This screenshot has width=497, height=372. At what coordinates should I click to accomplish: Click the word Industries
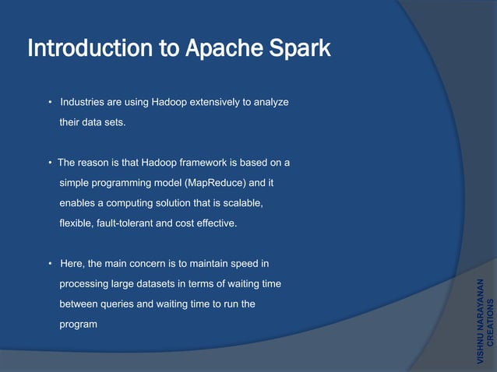pyautogui.click(x=83, y=103)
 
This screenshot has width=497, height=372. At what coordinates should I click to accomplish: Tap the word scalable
pyautogui.click(x=239, y=203)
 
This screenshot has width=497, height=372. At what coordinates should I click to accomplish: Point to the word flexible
pyautogui.click(x=76, y=223)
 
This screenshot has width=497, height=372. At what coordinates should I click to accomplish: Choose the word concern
pyautogui.click(x=138, y=264)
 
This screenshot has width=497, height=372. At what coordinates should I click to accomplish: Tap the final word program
pyautogui.click(x=79, y=325)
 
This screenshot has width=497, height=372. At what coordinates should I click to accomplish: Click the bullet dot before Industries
pyautogui.click(x=49, y=103)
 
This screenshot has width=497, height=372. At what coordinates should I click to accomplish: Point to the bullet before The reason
pyautogui.click(x=49, y=163)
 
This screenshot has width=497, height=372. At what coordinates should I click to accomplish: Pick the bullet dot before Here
pyautogui.click(x=49, y=264)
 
